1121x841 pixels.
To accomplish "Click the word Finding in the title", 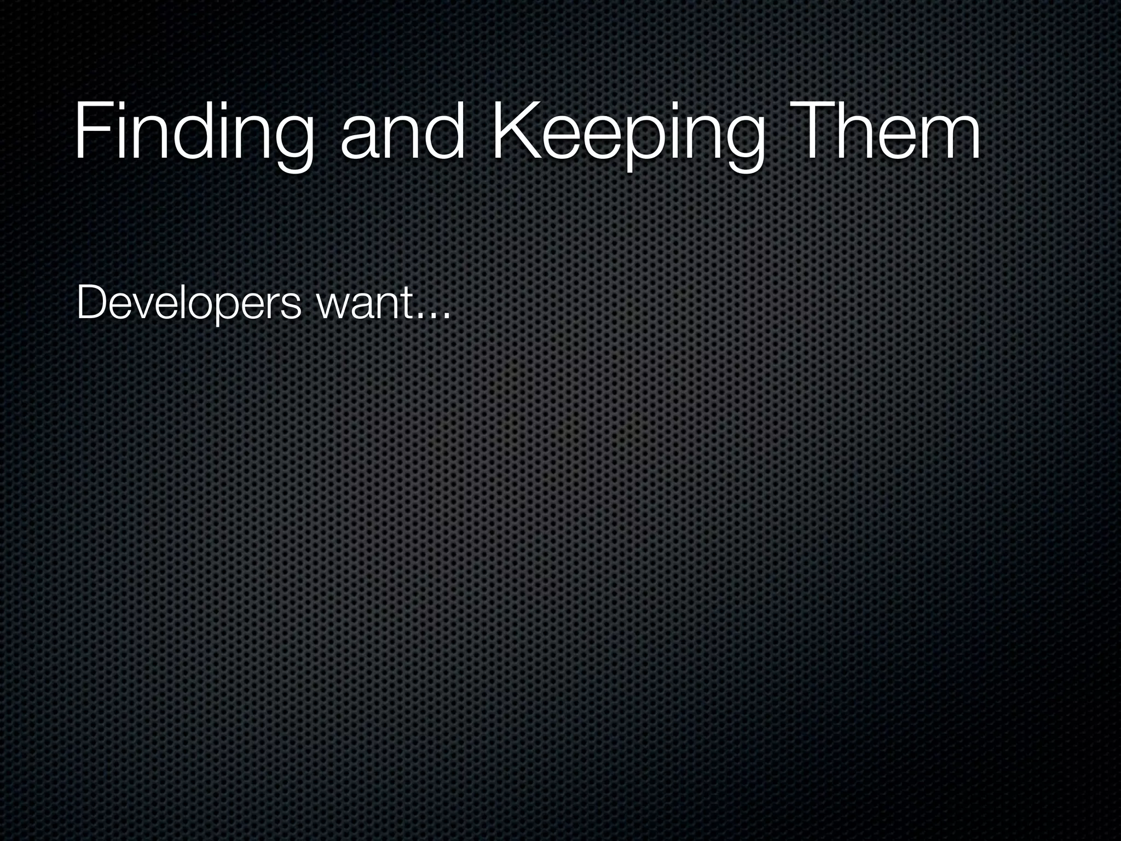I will [194, 134].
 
